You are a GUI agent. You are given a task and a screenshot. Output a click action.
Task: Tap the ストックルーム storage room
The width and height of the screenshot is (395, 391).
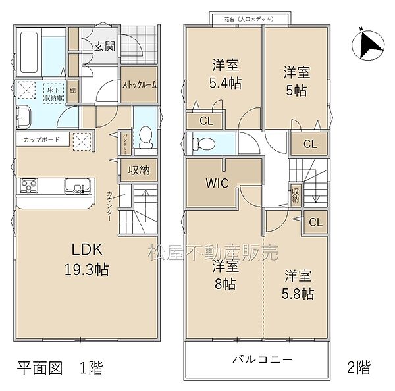139,84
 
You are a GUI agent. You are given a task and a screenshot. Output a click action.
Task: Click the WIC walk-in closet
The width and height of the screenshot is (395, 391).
217,183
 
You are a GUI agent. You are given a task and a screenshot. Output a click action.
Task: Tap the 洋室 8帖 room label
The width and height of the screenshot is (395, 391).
224,276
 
